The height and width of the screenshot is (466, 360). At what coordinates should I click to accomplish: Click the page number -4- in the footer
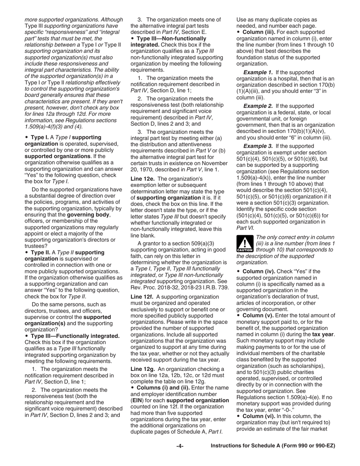tap(180, 446)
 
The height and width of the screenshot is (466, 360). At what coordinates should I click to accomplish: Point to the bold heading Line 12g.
tap(142, 369)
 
